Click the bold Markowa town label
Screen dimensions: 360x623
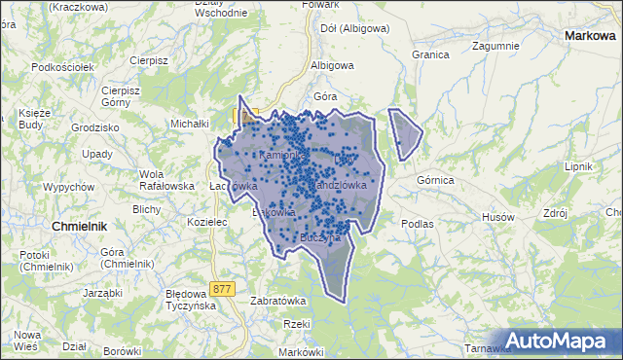[x=591, y=35]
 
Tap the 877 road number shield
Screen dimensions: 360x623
[x=223, y=288]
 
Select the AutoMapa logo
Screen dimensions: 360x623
[x=560, y=341]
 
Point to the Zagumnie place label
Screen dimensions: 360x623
[x=495, y=45]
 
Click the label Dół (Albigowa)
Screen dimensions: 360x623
[x=354, y=28]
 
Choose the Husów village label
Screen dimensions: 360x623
[x=496, y=216]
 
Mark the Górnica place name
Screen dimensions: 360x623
[x=435, y=180]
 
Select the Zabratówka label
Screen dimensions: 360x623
[x=279, y=301]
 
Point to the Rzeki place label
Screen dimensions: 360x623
[x=295, y=324]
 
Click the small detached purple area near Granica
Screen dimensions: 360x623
[x=405, y=133]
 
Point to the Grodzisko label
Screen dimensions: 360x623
[x=94, y=127]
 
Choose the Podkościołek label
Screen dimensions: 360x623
[x=62, y=67]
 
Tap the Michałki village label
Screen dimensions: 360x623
[x=191, y=124]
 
